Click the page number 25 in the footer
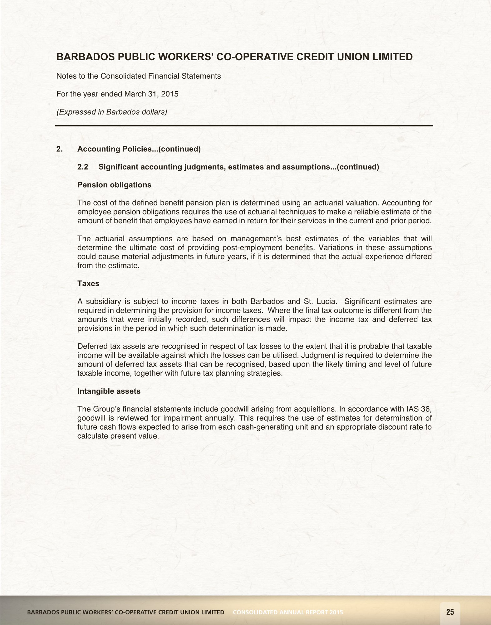(x=450, y=612)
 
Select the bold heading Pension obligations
(x=114, y=185)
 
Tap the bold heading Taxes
(x=88, y=283)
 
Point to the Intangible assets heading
(x=109, y=391)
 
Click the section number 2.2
(x=83, y=167)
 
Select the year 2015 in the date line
(x=170, y=94)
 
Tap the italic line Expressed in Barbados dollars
(x=112, y=112)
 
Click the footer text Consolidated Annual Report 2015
(x=288, y=612)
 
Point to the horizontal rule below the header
(x=244, y=126)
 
